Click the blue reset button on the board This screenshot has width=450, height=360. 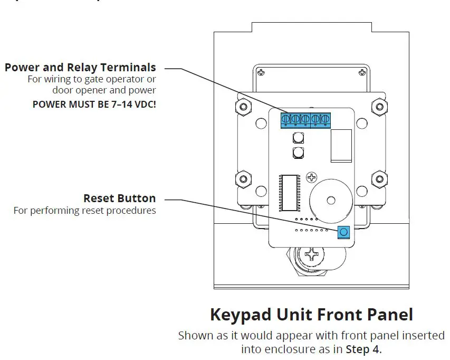click(343, 231)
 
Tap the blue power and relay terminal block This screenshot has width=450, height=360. click(305, 120)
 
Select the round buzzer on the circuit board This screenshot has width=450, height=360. click(330, 200)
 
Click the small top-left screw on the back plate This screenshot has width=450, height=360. click(260, 71)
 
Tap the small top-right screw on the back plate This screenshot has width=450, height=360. click(361, 71)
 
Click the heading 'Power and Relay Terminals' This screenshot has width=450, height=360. click(80, 68)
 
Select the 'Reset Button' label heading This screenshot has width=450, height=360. click(119, 198)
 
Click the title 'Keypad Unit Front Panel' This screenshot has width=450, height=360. click(311, 315)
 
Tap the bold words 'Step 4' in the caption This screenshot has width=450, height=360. click(363, 349)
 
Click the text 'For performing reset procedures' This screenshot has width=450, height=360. click(84, 211)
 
